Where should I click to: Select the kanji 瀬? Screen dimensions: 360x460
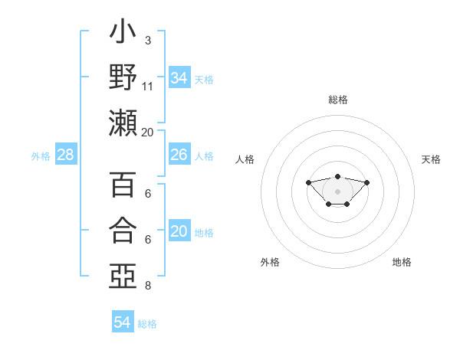coord(123,123)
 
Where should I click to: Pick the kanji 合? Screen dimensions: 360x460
coord(123,230)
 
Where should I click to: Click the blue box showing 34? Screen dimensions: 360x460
coord(179,78)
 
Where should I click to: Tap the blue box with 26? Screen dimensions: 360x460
coord(179,155)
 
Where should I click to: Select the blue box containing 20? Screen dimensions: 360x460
coord(179,232)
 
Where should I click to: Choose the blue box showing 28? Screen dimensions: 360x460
coord(66,155)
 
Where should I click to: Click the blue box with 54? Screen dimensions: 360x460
coord(123,322)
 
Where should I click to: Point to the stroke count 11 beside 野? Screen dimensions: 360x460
coord(148,86)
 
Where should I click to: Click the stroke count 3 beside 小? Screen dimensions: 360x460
coord(147,40)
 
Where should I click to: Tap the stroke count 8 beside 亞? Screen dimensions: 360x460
coord(147,286)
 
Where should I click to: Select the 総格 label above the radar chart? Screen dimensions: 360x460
coord(337,100)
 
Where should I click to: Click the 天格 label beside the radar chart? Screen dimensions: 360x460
coord(431,159)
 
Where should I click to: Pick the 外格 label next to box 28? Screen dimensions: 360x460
coord(41,156)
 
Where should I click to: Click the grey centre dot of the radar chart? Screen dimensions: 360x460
coord(337,191)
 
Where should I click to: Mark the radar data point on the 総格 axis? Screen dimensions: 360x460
coord(337,176)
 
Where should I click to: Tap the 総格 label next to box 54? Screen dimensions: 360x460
coord(147,323)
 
